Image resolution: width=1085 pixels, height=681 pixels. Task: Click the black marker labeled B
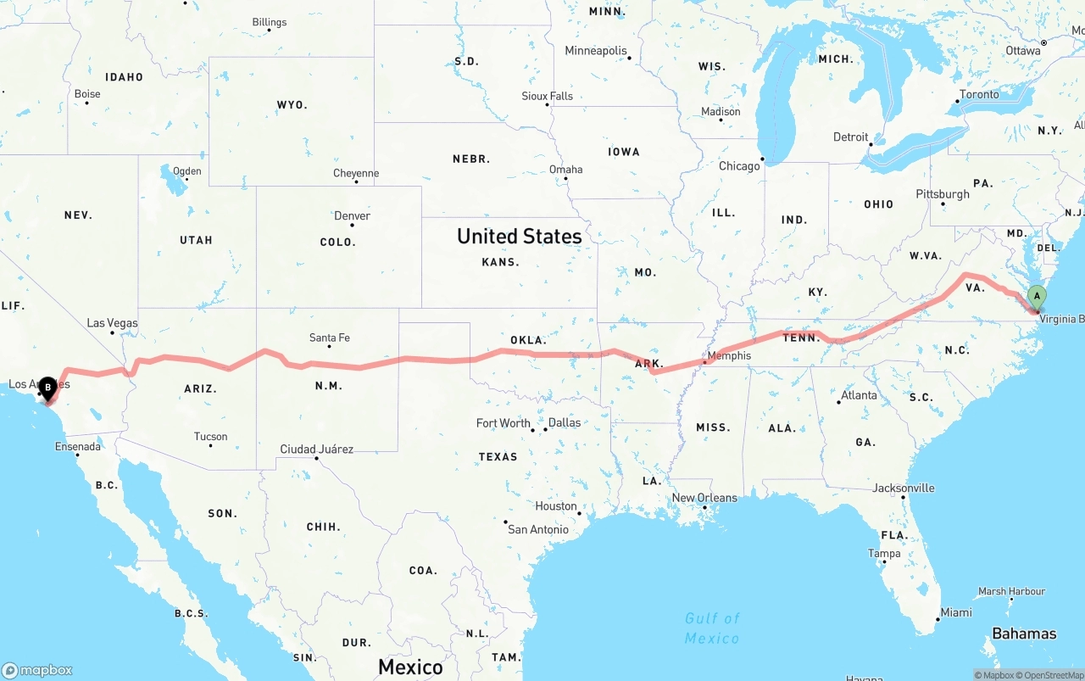(x=48, y=388)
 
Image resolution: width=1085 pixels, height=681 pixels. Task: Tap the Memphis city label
(x=728, y=355)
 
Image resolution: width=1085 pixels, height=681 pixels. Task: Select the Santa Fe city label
(x=329, y=338)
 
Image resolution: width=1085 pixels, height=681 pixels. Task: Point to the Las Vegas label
(x=112, y=323)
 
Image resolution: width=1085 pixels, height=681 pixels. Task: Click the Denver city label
(x=352, y=215)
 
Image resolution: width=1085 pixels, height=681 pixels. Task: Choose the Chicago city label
(x=739, y=166)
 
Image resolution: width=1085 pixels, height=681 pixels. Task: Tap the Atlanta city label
(x=859, y=395)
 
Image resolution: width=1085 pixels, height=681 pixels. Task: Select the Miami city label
(x=956, y=612)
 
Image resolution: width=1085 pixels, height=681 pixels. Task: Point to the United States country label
(x=519, y=236)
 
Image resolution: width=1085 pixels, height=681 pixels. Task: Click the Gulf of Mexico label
(x=712, y=628)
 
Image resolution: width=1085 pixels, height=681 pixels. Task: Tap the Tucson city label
(x=210, y=437)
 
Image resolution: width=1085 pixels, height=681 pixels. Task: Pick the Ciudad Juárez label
(x=316, y=449)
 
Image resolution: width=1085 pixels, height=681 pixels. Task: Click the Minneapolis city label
(x=596, y=51)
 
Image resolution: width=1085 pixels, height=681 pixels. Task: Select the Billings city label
(x=270, y=22)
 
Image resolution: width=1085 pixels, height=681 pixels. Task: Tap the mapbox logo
(x=37, y=670)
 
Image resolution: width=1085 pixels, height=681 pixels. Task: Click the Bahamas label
(x=1024, y=634)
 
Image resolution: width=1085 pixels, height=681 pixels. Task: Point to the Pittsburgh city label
(x=942, y=194)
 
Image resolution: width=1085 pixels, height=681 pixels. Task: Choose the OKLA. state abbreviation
(x=528, y=340)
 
